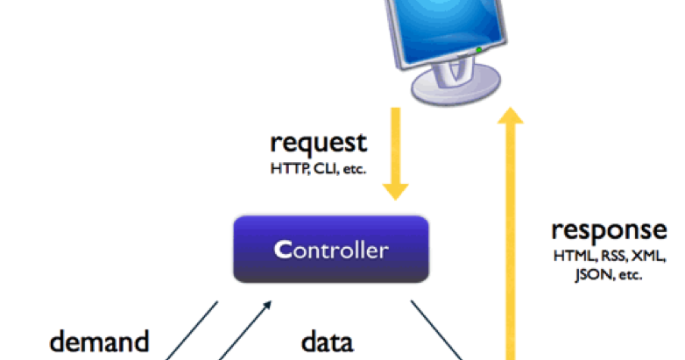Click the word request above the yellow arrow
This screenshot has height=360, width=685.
318,142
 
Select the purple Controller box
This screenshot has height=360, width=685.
330,250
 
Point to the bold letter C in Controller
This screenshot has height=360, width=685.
281,251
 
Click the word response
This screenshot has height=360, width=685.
609,230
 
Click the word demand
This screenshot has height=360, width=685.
98,341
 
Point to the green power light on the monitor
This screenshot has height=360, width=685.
478,51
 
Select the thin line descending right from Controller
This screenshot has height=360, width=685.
438,332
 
